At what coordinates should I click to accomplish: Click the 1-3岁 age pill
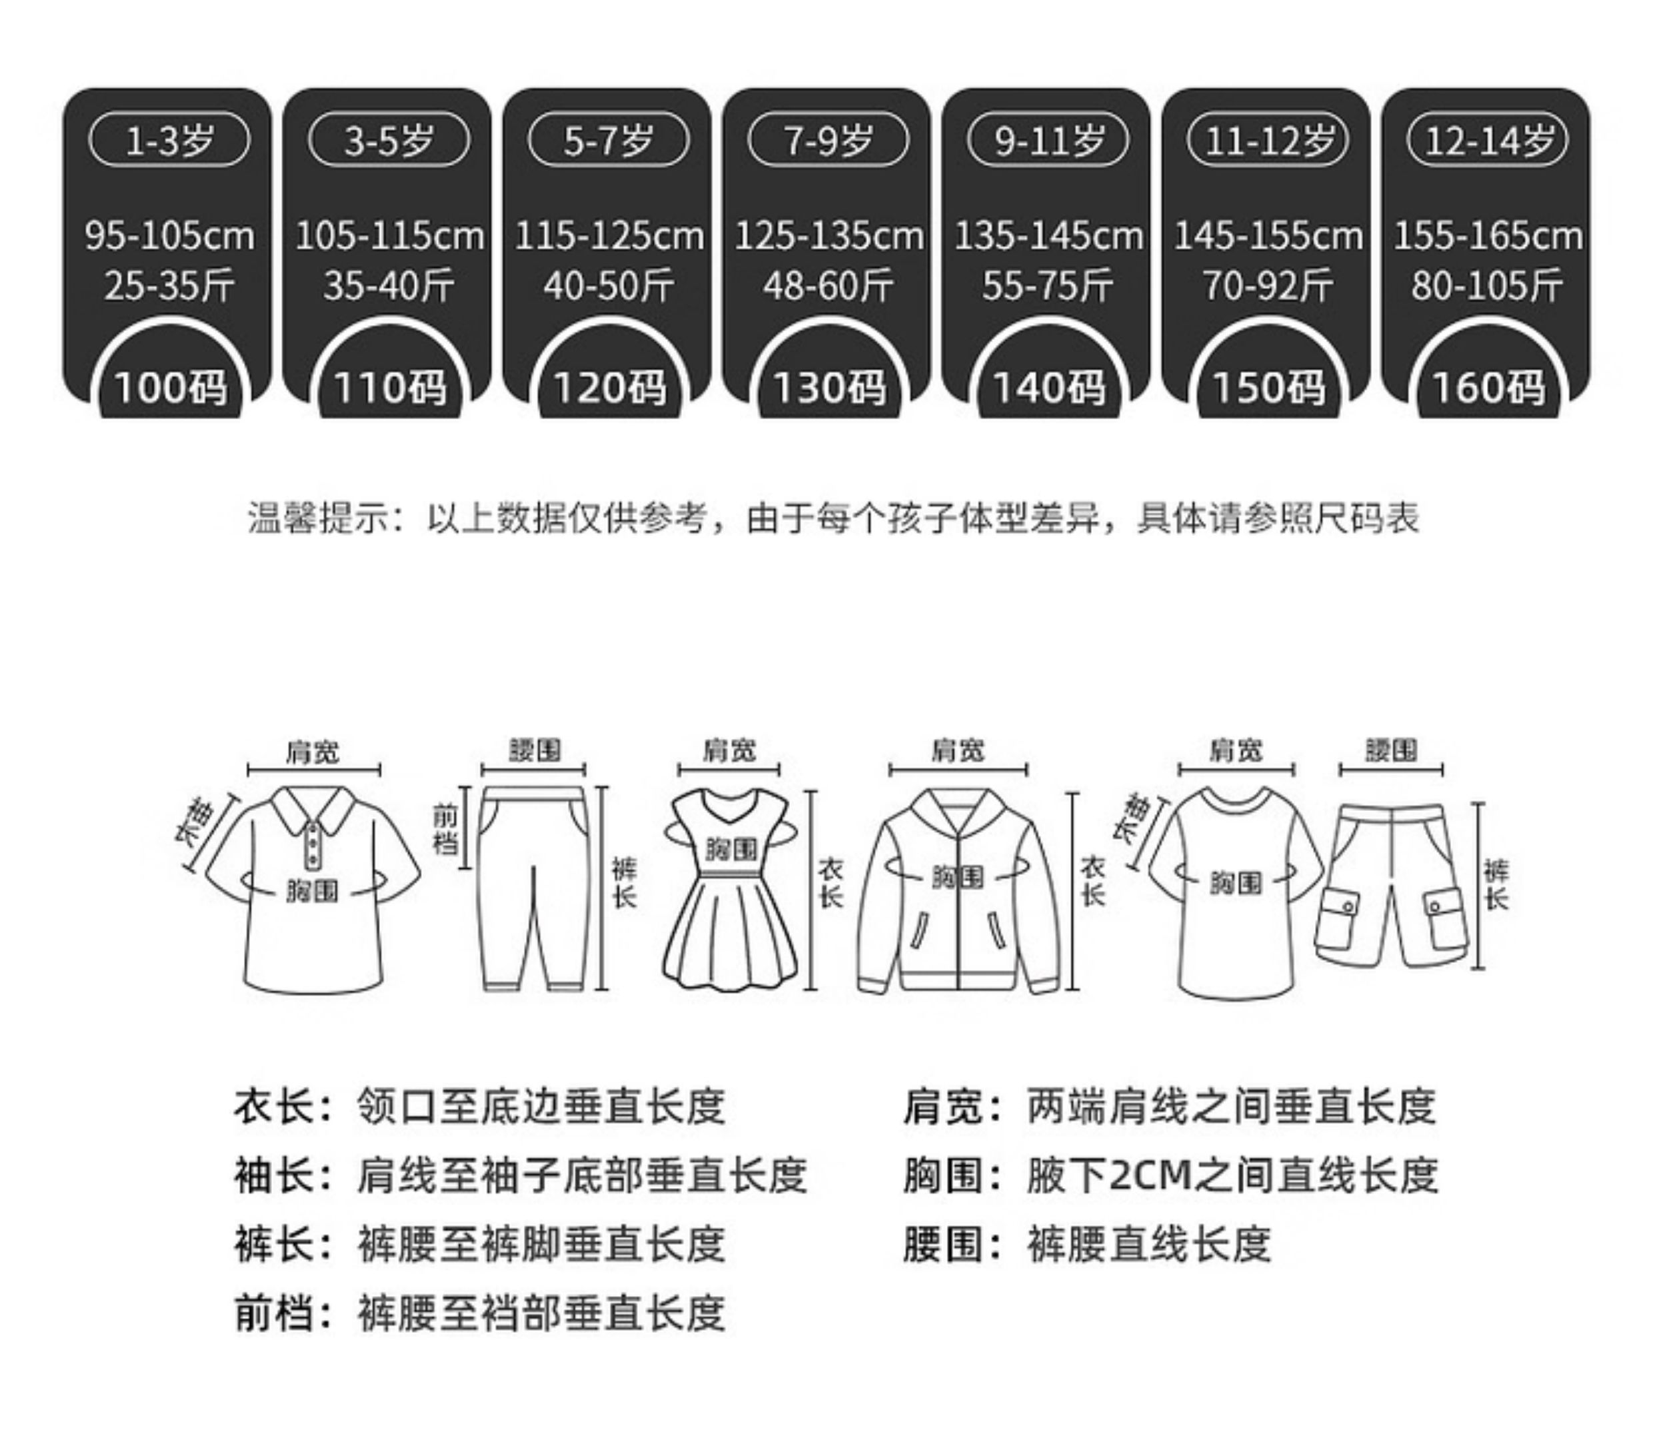pyautogui.click(x=169, y=141)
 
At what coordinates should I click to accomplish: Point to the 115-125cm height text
pyautogui.click(x=609, y=237)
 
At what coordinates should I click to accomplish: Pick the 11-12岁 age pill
pyautogui.click(x=1268, y=141)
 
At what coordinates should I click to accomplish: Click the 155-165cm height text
pyautogui.click(x=1488, y=237)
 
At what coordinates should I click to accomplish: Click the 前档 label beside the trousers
pyautogui.click(x=446, y=829)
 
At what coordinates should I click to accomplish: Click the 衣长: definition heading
pyautogui.click(x=283, y=1106)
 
